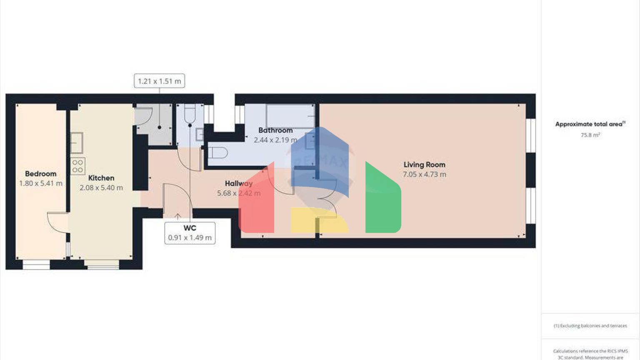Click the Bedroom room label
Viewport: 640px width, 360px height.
[40, 174]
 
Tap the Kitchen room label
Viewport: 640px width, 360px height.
[101, 178]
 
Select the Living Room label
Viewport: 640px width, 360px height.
[424, 165]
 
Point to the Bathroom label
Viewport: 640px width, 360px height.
[275, 130]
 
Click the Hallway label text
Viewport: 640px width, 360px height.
[238, 183]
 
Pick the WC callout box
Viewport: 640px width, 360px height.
[190, 233]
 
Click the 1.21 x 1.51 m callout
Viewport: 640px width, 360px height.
[159, 81]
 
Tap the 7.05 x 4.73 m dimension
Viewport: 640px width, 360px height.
[424, 175]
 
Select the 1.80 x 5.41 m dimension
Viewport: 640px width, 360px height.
[41, 183]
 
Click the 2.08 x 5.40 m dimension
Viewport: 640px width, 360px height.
[101, 188]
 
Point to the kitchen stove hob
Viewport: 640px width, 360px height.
[77, 166]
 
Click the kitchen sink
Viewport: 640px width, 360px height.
[76, 142]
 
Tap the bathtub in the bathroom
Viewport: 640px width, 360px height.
[290, 116]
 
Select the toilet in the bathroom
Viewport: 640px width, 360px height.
[218, 153]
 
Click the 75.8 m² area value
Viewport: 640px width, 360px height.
[590, 135]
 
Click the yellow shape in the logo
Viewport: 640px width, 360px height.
[319, 220]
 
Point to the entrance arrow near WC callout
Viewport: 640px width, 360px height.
[177, 216]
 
